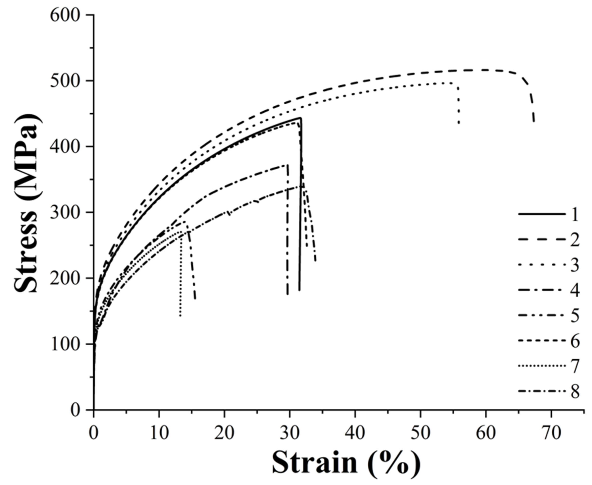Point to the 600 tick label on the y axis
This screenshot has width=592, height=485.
tap(65, 15)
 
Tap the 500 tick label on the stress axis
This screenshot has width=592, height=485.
tap(65, 81)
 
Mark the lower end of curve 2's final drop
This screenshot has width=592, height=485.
tap(534, 122)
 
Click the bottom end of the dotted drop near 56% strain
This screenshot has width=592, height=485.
tap(459, 123)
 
